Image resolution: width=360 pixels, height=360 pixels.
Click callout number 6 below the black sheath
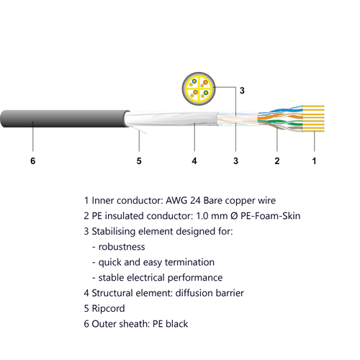[x=33, y=161]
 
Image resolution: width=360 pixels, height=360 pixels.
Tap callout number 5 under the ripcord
[x=139, y=161]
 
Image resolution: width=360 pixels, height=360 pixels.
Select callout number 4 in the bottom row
[x=194, y=161]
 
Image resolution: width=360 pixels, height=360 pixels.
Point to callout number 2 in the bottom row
[x=277, y=161]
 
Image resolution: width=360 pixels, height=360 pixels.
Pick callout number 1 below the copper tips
[x=314, y=161]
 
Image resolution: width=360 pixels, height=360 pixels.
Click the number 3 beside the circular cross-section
[x=242, y=91]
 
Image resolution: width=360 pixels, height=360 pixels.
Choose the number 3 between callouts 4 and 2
[x=235, y=161]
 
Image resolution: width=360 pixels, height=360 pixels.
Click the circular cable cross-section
[x=199, y=89]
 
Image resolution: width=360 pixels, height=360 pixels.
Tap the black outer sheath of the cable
[x=63, y=119]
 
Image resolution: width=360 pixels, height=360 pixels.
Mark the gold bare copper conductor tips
[x=313, y=119]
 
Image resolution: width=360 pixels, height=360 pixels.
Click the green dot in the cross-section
[x=205, y=93]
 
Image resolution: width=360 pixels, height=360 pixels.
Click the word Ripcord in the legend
[x=108, y=308]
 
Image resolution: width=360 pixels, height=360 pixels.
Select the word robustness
[x=122, y=247]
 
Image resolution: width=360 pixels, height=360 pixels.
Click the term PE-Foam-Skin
[x=271, y=216]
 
